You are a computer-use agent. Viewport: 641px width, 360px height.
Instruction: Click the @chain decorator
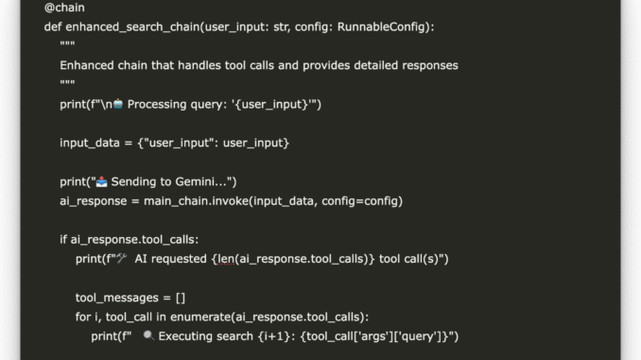(64, 9)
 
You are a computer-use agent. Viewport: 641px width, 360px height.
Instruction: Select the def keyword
(53, 27)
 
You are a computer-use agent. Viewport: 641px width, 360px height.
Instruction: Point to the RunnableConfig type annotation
(384, 27)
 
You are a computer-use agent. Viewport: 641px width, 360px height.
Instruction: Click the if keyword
(64, 239)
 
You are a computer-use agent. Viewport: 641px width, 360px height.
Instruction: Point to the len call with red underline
(225, 259)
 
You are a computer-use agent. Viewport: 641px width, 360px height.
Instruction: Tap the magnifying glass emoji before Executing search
(148, 336)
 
